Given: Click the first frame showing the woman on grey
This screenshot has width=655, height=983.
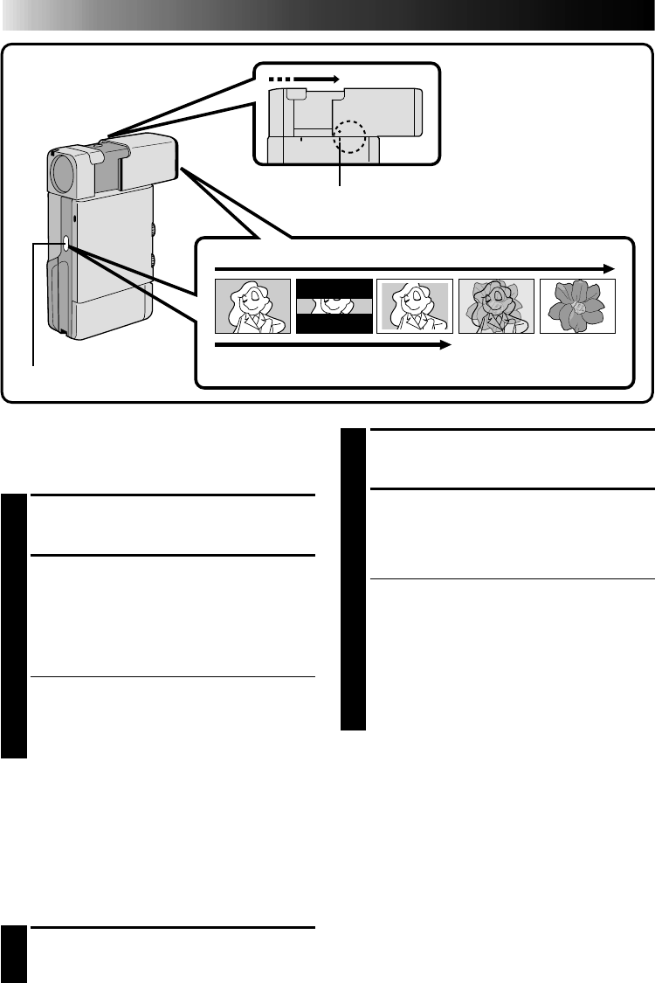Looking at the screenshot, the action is tap(252, 306).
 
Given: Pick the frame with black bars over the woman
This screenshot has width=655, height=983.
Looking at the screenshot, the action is tap(334, 306).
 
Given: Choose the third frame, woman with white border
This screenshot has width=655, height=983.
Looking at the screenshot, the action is tap(415, 306).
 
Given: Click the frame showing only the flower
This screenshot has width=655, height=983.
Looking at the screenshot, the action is tap(577, 306).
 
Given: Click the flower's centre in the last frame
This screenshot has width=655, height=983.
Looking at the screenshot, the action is tap(577, 307).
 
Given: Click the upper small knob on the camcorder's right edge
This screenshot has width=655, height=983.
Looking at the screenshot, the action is tap(155, 230).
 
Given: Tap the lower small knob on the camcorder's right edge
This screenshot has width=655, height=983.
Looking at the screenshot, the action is tap(155, 260).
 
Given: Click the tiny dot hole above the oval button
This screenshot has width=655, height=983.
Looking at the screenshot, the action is tap(74, 214).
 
